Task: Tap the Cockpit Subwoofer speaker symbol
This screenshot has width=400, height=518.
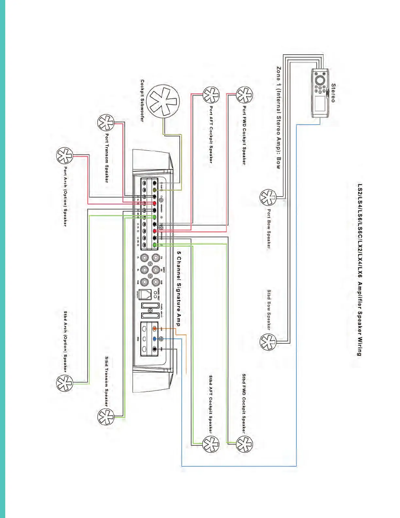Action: (163, 101)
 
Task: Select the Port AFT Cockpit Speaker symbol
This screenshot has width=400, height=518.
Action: (211, 95)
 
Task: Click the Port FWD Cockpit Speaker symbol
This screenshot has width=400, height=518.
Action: (244, 95)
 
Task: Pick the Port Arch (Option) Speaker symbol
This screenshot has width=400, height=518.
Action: (64, 156)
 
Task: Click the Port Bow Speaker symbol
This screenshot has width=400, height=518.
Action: (268, 197)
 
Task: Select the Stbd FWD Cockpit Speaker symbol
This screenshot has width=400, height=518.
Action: (244, 444)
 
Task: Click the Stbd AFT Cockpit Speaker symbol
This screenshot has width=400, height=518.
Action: (211, 444)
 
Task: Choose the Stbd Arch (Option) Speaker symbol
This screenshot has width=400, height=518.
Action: (64, 383)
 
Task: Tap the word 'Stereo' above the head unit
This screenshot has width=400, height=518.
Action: (333, 93)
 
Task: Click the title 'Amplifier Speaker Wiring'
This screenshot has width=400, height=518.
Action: (359, 319)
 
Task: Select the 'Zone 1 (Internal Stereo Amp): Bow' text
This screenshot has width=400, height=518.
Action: (278, 118)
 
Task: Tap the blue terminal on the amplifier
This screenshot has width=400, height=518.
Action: (155, 339)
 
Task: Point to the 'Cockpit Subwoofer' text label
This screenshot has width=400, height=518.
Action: (142, 101)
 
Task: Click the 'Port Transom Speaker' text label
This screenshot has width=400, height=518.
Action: (107, 158)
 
